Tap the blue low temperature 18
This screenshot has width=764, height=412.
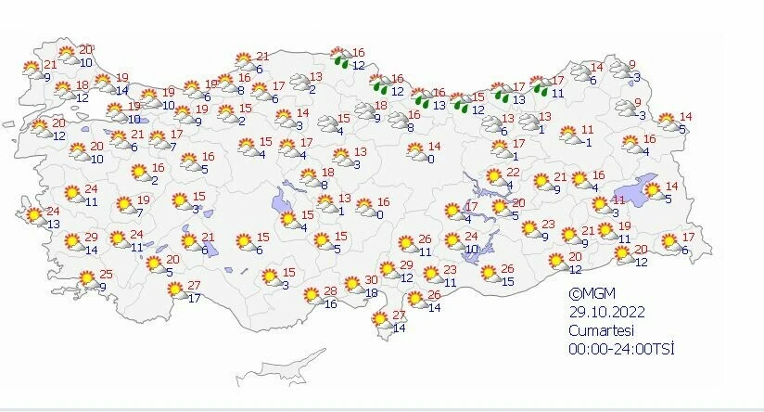coord(372,292)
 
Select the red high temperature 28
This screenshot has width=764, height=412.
coord(331,291)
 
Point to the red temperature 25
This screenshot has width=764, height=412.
coord(106,274)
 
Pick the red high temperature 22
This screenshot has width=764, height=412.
coord(513,173)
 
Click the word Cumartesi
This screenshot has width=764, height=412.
coord(597,329)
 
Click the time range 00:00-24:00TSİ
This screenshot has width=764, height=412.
coord(621,348)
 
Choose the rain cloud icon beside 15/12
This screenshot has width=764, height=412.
coord(459,102)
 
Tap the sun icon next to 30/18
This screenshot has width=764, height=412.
coord(352,284)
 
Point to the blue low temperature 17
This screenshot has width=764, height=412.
coord(194,298)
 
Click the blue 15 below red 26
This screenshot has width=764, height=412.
coord(507,281)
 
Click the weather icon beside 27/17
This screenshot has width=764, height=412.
coord(173,290)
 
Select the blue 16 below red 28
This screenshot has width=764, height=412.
coord(331,304)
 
